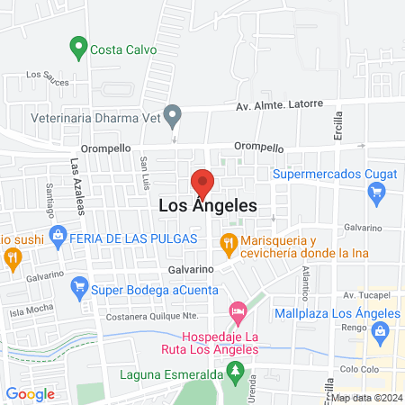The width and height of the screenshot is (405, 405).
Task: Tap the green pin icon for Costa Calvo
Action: [x=78, y=46]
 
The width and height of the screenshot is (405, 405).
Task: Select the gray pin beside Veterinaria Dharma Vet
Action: [x=176, y=114]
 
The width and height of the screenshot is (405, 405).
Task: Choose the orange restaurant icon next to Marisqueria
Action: [x=229, y=242]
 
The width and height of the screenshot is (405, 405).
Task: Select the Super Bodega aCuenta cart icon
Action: [x=78, y=288]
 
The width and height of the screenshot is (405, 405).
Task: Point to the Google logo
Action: [x=31, y=393]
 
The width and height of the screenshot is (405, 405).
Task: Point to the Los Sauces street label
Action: [x=48, y=78]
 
